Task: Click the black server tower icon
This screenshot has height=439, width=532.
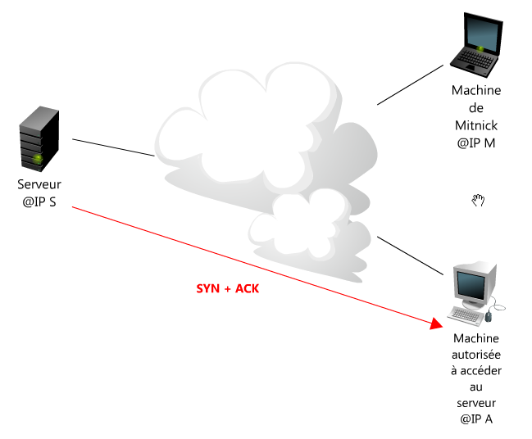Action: click(39, 138)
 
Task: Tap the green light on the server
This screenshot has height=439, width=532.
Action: click(38, 158)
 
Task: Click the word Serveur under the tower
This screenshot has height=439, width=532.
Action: click(39, 184)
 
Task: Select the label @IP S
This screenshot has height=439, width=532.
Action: click(39, 202)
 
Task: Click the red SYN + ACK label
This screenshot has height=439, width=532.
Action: click(228, 288)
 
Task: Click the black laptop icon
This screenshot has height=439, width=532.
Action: click(476, 44)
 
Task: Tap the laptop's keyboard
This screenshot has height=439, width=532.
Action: click(475, 59)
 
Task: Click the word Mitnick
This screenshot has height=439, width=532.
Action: click(476, 125)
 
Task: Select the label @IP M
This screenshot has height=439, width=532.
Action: click(476, 143)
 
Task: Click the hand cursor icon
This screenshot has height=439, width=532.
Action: click(478, 200)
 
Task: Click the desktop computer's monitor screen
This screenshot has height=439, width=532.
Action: click(471, 284)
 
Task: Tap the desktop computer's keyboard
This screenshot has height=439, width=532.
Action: click(466, 316)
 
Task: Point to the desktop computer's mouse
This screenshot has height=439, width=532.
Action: click(489, 316)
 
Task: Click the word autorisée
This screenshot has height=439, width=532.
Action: click(476, 355)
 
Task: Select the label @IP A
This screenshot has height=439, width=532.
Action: click(476, 419)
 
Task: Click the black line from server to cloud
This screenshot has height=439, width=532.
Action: click(113, 147)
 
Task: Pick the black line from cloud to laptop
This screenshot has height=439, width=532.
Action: click(410, 84)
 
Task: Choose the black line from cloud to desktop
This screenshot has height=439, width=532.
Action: click(410, 256)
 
